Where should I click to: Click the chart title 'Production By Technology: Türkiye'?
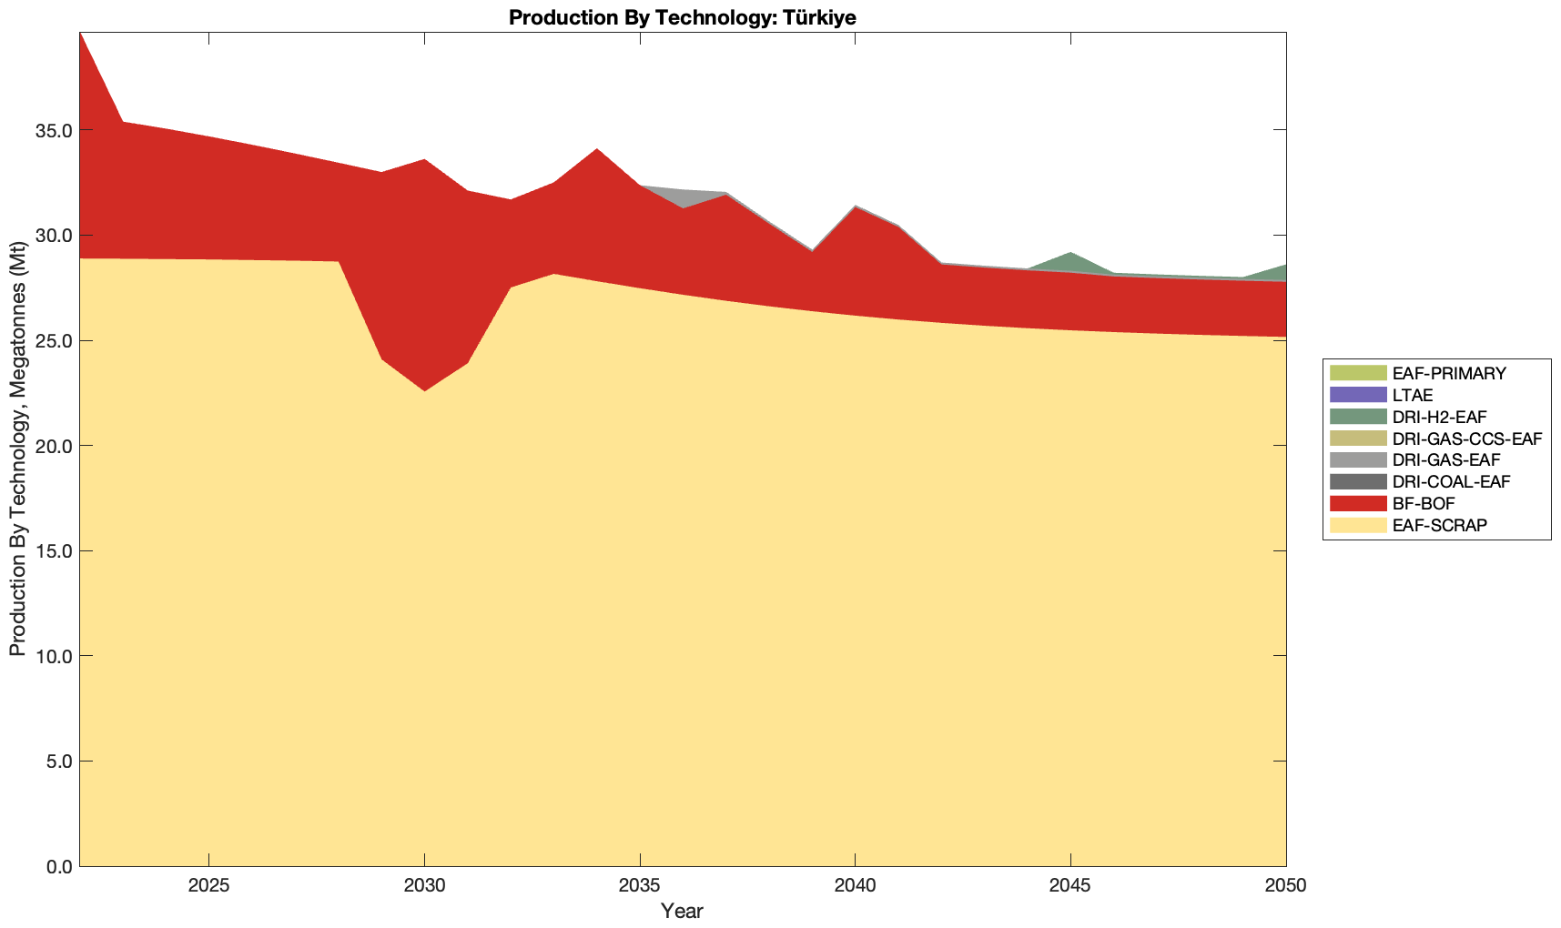click(x=682, y=17)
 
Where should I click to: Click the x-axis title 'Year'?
click(x=682, y=911)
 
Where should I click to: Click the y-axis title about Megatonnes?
click(x=17, y=451)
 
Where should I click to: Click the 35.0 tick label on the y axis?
click(x=54, y=130)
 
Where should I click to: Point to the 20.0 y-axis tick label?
click(x=54, y=446)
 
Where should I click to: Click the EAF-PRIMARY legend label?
click(x=1449, y=373)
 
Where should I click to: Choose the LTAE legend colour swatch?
click(x=1357, y=395)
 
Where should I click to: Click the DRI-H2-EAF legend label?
click(x=1439, y=417)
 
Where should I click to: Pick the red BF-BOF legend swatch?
click(x=1357, y=503)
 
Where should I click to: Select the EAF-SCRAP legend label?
click(x=1439, y=525)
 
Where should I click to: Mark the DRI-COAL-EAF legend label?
click(x=1451, y=481)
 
